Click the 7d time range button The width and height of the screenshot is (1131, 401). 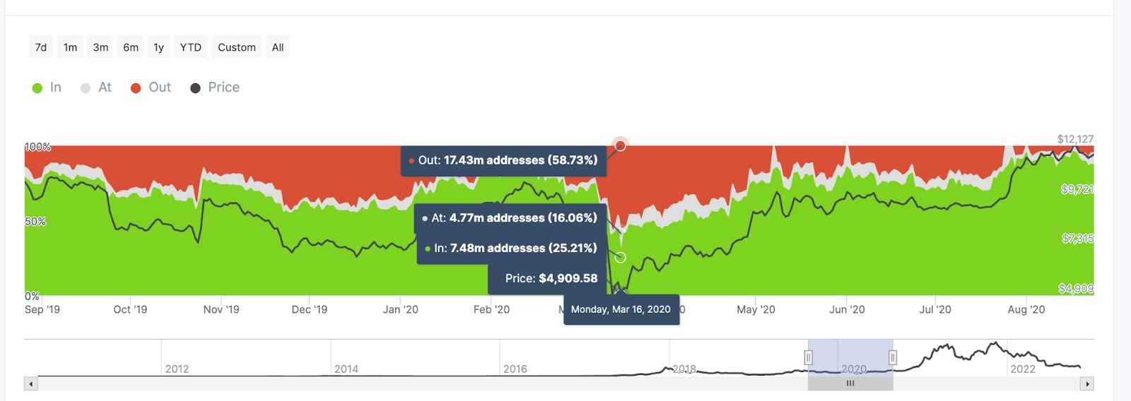pos(41,47)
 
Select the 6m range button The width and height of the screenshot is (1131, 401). pos(131,47)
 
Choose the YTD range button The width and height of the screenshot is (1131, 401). pos(190,47)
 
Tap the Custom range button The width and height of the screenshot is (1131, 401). pos(237,47)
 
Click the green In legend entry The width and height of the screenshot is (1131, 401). pos(47,88)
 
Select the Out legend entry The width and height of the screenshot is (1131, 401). pos(151,88)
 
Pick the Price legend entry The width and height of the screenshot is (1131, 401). pos(216,88)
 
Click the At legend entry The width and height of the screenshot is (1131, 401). pos(96,88)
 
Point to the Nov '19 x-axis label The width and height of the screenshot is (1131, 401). pos(221,309)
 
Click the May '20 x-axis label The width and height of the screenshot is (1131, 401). pos(756,309)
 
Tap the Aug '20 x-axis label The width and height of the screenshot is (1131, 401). pos(1026,309)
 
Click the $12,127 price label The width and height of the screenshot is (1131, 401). pos(1075,139)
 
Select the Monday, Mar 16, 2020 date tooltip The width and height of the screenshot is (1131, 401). pos(621,309)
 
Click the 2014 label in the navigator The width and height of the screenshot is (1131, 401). pos(346,369)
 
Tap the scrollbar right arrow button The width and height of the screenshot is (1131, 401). pos(1087,384)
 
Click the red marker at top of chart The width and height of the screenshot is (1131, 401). pos(621,145)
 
